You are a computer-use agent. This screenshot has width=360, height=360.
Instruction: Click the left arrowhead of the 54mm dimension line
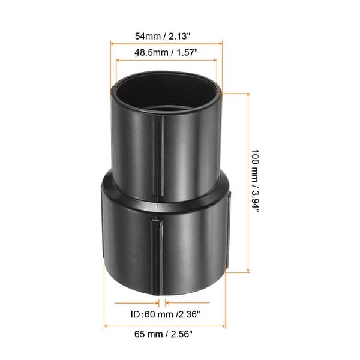coord(113,43)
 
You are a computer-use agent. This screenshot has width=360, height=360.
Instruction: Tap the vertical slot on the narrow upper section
coord(160,156)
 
